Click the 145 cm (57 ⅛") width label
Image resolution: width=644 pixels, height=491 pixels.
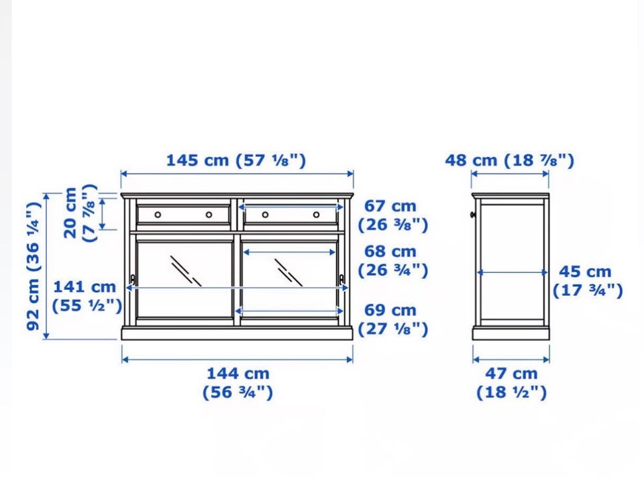click(x=236, y=160)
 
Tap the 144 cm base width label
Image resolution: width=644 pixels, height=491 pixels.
click(x=237, y=382)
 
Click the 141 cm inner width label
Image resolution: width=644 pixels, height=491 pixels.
click(x=87, y=296)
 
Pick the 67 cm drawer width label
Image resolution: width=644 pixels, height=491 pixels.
click(x=393, y=215)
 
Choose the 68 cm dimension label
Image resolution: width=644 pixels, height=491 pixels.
click(x=393, y=261)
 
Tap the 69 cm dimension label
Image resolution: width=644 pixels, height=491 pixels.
click(x=393, y=319)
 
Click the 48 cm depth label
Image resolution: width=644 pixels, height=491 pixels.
click(x=510, y=160)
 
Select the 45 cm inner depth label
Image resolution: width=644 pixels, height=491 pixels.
click(x=588, y=281)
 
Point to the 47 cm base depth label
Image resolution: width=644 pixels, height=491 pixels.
click(x=512, y=382)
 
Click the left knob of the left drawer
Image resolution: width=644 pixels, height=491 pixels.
click(x=158, y=215)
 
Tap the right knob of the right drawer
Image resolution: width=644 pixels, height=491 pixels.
click(x=316, y=215)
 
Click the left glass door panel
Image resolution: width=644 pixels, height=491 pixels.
click(x=184, y=280)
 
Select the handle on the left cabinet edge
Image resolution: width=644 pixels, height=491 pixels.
click(x=132, y=280)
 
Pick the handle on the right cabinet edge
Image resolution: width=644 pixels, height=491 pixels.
click(x=341, y=280)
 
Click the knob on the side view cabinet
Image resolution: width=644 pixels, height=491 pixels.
click(x=473, y=214)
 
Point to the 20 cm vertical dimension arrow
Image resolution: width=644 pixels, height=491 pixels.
click(x=102, y=213)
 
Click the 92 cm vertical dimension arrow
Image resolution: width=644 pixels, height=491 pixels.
click(x=46, y=266)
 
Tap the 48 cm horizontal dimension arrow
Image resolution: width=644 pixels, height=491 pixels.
click(x=510, y=174)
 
